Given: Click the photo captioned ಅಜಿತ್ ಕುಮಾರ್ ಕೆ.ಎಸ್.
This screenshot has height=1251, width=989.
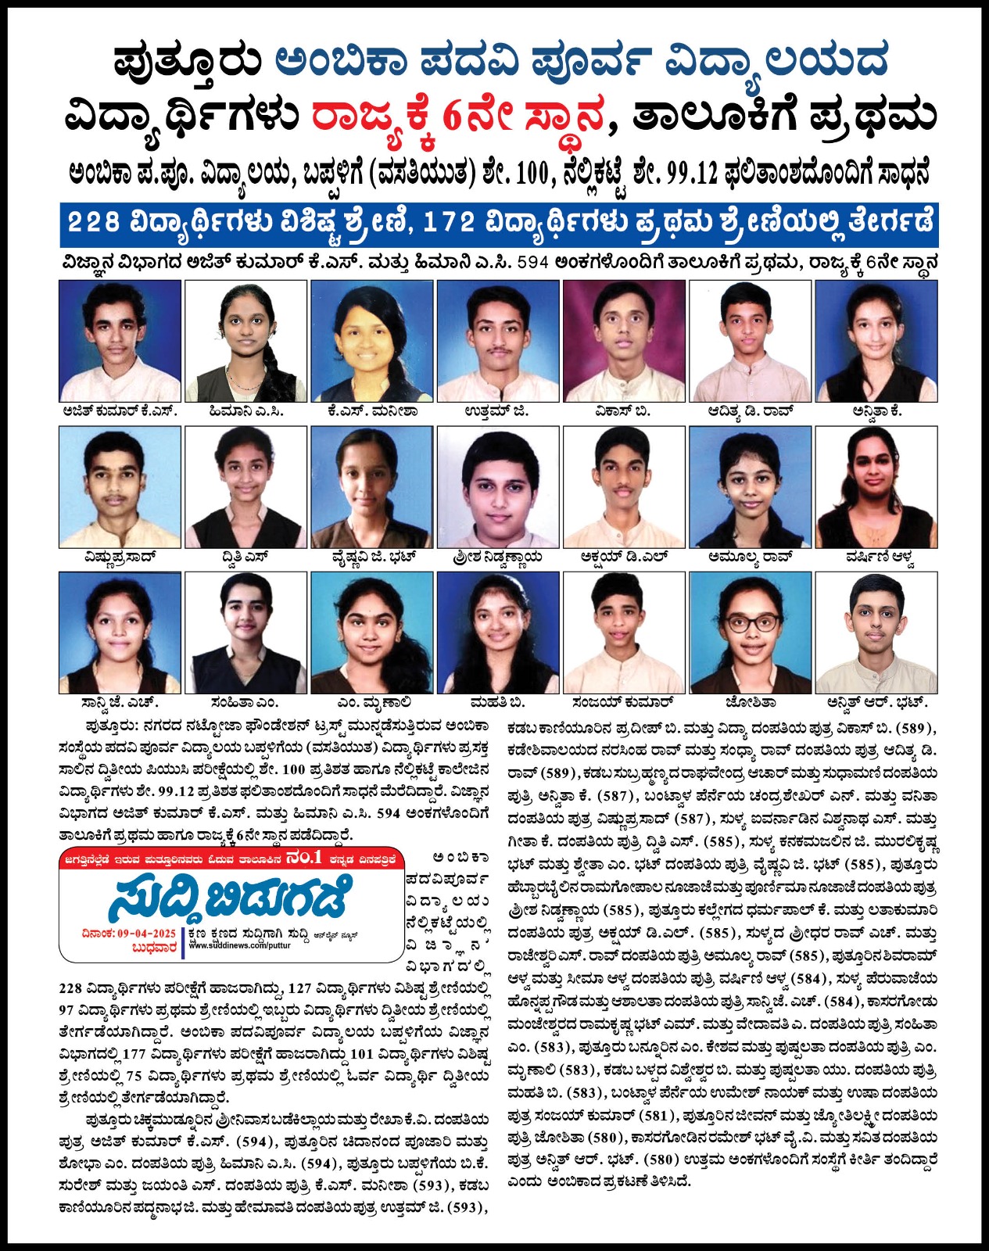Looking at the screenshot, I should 120,341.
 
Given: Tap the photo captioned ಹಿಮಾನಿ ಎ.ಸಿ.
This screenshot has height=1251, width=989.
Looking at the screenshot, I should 245,341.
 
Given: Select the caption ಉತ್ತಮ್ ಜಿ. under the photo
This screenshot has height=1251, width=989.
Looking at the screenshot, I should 496,411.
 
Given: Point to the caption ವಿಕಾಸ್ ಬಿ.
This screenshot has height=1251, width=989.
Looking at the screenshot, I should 623,411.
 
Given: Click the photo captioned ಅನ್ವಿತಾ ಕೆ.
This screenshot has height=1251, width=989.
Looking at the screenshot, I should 876,341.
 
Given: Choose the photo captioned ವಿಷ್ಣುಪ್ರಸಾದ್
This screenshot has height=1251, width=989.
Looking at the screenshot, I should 120,486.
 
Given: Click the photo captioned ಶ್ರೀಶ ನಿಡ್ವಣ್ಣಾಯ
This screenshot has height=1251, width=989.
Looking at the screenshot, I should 498,486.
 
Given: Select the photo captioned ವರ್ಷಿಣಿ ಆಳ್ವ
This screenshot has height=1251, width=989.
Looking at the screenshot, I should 876,486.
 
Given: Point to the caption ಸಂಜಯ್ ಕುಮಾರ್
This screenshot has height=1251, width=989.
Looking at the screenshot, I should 623,702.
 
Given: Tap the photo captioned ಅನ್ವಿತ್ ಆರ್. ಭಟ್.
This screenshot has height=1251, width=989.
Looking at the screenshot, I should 876,632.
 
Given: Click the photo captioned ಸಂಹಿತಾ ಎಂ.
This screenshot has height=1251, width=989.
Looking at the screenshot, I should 245,632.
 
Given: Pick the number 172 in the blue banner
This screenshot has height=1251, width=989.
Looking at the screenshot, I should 448,223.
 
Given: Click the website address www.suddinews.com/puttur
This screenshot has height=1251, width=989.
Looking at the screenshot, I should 239,945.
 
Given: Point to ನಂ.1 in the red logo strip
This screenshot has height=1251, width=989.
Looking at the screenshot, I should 304,858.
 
